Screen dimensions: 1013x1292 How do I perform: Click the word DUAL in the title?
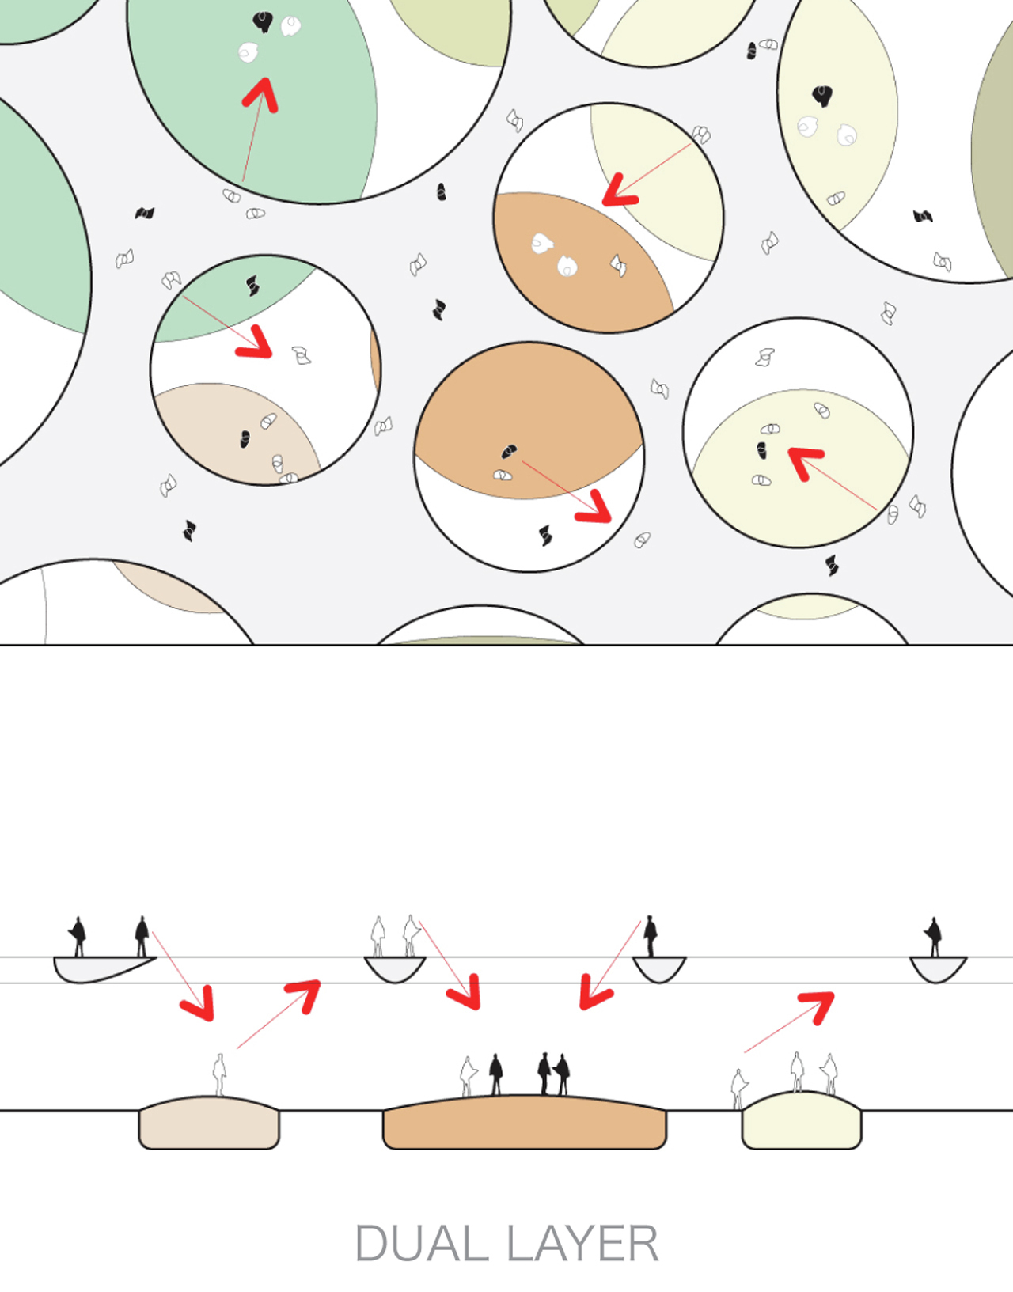point(422,1243)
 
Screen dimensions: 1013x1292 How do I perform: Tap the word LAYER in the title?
point(582,1243)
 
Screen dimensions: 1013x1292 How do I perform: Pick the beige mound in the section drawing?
point(209,1123)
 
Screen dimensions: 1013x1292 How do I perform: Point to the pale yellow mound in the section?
point(802,1120)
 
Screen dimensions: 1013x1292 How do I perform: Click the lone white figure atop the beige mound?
point(220,1074)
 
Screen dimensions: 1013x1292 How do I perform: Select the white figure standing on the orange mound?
point(469,1077)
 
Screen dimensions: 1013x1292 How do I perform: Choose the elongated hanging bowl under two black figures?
point(102,968)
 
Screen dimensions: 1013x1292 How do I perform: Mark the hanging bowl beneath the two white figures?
point(395,969)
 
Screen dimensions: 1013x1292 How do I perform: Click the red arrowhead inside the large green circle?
point(262,95)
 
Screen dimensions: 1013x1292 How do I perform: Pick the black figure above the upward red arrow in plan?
point(262,22)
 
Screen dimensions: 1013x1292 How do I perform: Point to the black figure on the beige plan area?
point(245,439)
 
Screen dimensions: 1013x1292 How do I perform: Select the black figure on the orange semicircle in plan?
point(508,451)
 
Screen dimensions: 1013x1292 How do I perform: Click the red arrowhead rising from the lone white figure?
point(305,995)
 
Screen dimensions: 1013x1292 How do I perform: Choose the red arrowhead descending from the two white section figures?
point(465,991)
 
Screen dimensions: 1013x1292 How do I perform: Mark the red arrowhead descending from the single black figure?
point(594,991)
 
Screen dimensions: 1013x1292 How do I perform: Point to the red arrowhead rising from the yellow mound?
point(818,1006)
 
